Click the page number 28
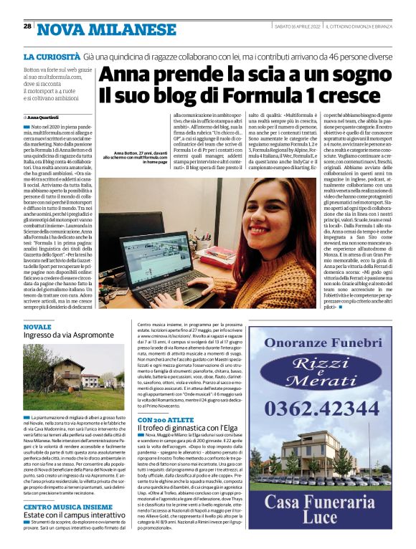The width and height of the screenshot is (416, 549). (x=27, y=26)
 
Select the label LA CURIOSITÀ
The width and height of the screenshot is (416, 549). (x=51, y=56)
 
